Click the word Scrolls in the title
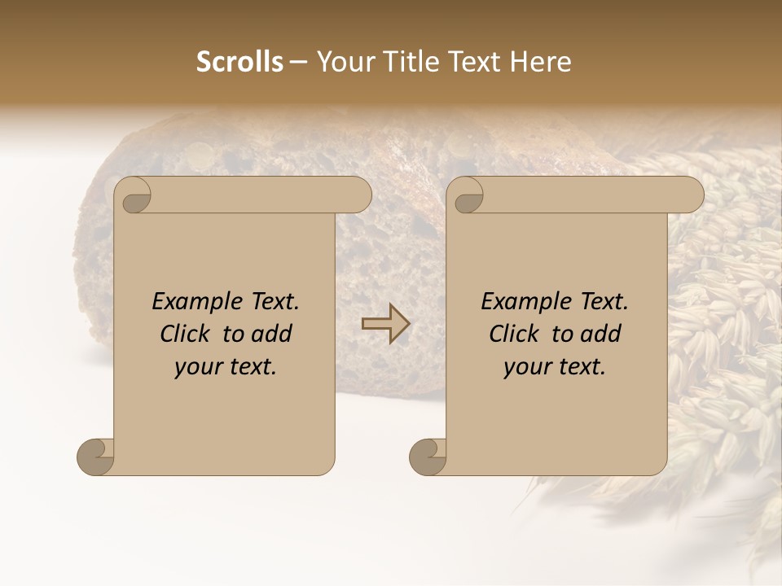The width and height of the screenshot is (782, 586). (x=239, y=62)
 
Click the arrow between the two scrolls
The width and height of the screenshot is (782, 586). (x=385, y=324)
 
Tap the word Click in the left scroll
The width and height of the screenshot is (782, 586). (x=186, y=334)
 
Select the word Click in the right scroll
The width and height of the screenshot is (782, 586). (x=514, y=334)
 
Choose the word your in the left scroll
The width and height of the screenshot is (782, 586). (x=197, y=367)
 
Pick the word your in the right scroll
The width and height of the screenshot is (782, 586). (x=526, y=367)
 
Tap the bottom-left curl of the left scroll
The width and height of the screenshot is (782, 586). (x=95, y=457)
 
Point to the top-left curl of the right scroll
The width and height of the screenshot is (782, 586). (x=467, y=196)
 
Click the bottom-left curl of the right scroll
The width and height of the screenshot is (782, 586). (x=428, y=457)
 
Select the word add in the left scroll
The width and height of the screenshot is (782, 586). (x=272, y=334)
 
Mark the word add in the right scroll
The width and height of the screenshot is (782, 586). (x=601, y=334)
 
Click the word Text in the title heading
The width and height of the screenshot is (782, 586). (x=476, y=62)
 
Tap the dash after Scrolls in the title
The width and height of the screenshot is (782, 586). (x=299, y=62)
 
